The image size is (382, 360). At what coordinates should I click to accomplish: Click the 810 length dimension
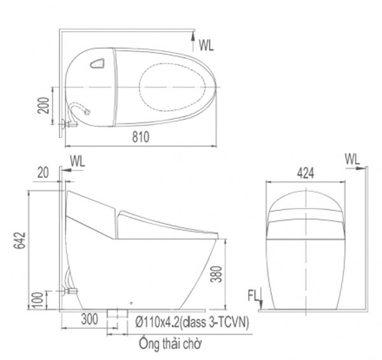[x=141, y=137]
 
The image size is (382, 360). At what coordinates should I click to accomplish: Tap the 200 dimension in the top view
[x=43, y=106]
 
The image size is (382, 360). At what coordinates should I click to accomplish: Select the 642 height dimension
[x=20, y=240]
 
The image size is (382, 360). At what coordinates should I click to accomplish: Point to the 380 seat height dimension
[x=216, y=274]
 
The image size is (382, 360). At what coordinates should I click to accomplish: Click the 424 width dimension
[x=306, y=173]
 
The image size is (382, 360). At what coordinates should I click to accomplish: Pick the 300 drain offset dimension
[x=90, y=319]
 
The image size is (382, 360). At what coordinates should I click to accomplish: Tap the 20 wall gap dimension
[x=43, y=173]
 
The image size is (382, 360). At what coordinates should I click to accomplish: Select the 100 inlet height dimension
[x=38, y=300]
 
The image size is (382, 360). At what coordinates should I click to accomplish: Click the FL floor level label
[x=253, y=296]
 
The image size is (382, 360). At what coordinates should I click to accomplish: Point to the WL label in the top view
[x=206, y=45]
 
